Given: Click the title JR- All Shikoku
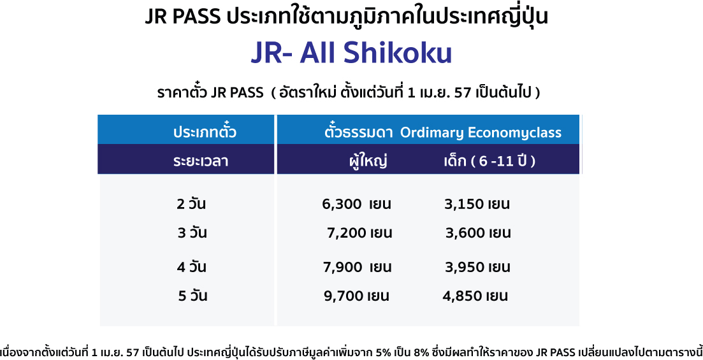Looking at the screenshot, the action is click(351, 54).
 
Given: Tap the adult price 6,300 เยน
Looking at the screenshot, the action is click(356, 205).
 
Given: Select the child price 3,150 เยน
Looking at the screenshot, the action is click(477, 205).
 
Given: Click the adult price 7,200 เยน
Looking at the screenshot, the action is click(359, 233).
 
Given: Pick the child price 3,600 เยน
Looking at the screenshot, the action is click(478, 233).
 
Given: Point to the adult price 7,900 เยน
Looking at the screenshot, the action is click(358, 267).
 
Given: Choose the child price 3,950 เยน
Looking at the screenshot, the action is click(477, 267).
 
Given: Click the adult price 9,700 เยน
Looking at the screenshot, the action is click(356, 296).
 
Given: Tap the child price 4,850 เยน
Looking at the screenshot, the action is click(475, 296).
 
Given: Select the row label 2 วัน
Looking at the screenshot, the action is click(191, 205).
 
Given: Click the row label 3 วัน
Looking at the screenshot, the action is click(192, 233).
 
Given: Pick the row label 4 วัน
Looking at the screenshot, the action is click(191, 267).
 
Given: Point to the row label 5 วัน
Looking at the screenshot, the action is click(192, 296).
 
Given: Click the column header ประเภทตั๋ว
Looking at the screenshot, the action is click(205, 131).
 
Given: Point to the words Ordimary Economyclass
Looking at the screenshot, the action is click(481, 133).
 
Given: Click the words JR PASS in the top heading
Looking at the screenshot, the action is click(183, 17).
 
